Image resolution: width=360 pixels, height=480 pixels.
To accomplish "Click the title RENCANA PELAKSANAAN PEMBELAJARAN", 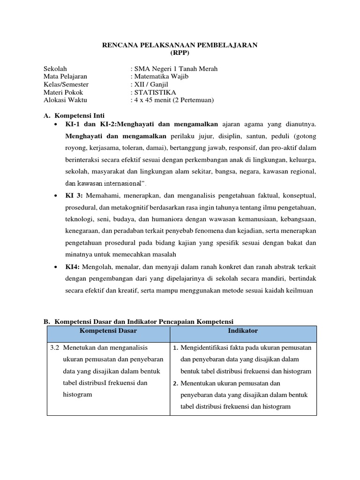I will point(180,45).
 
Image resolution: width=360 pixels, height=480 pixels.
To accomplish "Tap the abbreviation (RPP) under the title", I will point(180,52).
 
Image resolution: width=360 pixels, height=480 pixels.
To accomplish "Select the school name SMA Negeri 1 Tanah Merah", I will point(175,69).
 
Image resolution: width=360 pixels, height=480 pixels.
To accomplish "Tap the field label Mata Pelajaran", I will point(65,76).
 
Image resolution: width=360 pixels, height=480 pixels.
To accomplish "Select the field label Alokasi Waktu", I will point(65,100).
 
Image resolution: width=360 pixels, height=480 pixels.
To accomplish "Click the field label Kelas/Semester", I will point(66,84).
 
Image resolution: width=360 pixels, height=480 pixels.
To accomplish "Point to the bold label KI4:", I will point(72,266).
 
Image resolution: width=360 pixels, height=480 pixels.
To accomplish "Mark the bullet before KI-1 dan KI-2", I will point(56,125).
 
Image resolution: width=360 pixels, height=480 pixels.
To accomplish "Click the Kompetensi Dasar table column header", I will point(108,331).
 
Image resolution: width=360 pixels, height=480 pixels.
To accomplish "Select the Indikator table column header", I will point(243,331).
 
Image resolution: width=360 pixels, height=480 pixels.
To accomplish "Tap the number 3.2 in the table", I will point(54,348).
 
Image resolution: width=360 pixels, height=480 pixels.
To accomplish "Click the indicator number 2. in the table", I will point(176,383).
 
